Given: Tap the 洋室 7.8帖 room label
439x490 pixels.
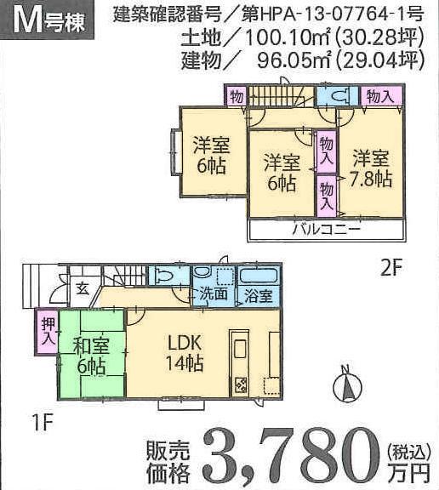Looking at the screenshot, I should tap(371, 168).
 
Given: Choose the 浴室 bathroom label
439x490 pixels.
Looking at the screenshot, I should tap(259, 295).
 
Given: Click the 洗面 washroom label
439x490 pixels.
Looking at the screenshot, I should tap(214, 295).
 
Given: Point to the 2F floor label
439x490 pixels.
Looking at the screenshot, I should tap(391, 266).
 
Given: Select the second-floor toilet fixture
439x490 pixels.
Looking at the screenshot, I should tap(339, 96).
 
